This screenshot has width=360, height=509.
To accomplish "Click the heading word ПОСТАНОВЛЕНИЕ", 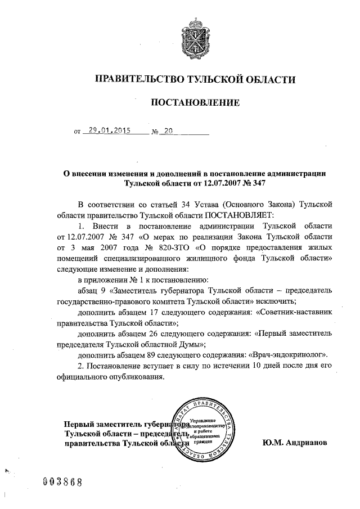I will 194,102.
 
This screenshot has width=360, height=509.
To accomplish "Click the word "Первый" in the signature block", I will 79,423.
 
